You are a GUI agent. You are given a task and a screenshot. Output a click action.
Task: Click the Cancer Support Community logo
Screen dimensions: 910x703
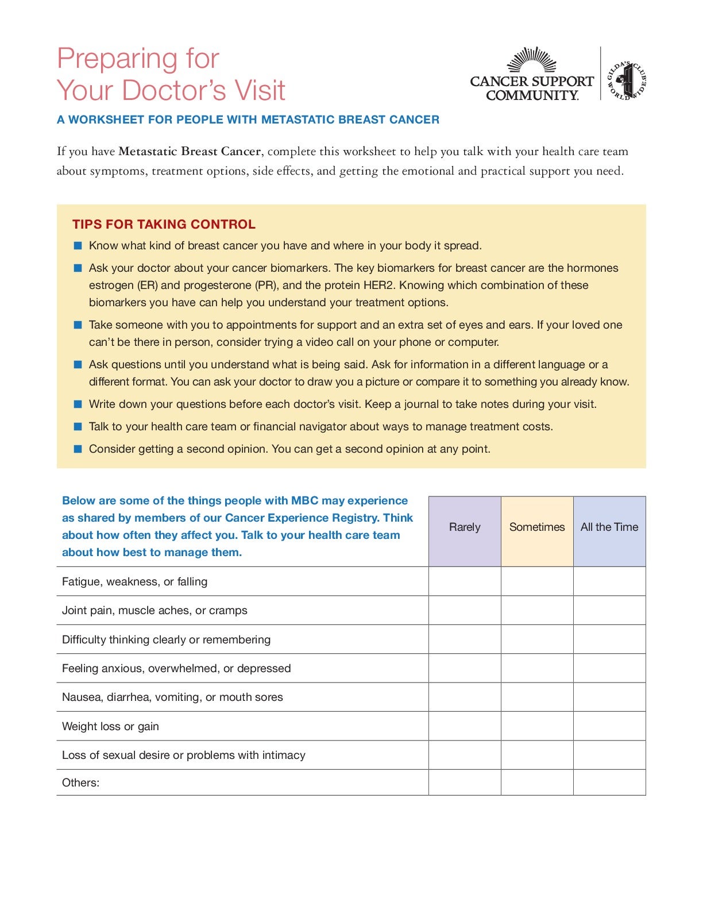pos(531,75)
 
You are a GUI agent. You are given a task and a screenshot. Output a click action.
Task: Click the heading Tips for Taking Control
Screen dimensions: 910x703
pos(164,224)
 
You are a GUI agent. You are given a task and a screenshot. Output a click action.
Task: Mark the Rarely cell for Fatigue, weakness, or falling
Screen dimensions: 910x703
pos(465,581)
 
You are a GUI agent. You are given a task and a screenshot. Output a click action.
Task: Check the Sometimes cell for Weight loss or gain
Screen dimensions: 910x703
pos(537,726)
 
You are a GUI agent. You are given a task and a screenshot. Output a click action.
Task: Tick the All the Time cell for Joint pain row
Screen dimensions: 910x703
pos(609,610)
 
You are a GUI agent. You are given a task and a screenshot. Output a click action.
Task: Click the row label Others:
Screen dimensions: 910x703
pos(80,782)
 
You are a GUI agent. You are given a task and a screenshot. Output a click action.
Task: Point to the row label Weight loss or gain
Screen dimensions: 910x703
pos(110,726)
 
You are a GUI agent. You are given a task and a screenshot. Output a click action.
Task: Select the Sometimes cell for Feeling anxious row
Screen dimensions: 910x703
pos(537,668)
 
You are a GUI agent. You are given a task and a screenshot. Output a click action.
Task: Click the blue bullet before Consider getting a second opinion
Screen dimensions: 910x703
pos(78,449)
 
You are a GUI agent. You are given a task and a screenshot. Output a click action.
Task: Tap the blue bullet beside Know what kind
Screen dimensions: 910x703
pos(78,246)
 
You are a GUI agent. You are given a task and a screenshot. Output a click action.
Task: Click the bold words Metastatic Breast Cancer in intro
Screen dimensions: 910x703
pos(190,151)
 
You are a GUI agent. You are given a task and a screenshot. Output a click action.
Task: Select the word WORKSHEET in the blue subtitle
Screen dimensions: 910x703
pos(107,119)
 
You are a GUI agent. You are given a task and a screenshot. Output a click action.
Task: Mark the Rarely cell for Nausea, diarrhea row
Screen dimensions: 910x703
pos(465,697)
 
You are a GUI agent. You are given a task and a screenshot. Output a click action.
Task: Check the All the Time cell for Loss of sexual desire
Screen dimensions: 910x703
pos(609,755)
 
